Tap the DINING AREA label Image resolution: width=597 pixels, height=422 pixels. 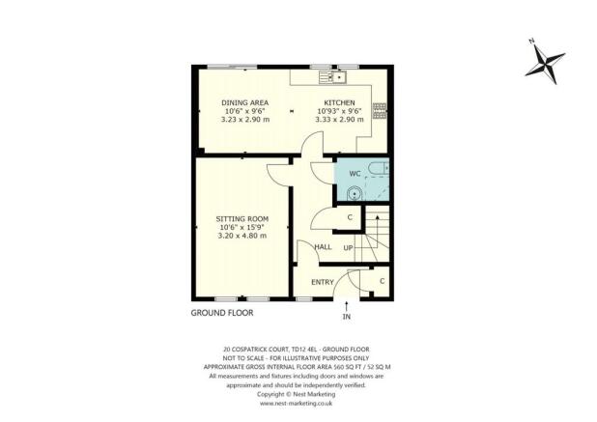[243, 102]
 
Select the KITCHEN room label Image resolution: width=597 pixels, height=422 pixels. [340, 102]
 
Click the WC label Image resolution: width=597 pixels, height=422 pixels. [355, 174]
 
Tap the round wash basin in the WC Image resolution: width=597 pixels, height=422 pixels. [355, 194]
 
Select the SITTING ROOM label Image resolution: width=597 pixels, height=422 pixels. [241, 219]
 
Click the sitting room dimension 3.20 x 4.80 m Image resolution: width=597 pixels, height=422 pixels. [241, 237]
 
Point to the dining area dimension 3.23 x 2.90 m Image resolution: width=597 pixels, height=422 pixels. [243, 121]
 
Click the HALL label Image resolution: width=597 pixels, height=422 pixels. [324, 247]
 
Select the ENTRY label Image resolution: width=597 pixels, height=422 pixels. [323, 282]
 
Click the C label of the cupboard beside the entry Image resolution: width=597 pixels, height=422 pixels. [382, 280]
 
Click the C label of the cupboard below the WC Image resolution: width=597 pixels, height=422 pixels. [349, 218]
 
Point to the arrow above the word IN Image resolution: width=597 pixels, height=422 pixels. [347, 305]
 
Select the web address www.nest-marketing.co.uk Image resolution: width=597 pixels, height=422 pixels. [298, 403]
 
